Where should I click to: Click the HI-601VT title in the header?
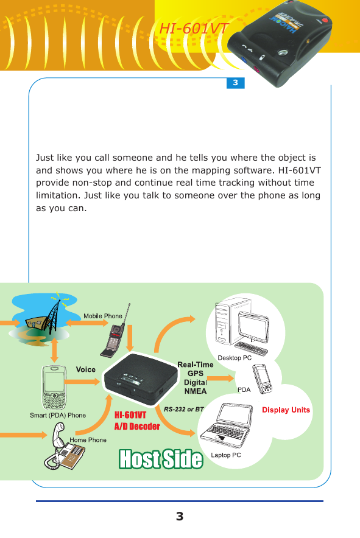pyautogui.click(x=193, y=29)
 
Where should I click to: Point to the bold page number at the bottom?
pyautogui.click(x=179, y=517)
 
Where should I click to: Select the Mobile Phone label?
pyautogui.click(x=103, y=316)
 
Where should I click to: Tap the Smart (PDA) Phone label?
pyautogui.click(x=58, y=415)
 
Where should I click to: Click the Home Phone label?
pyautogui.click(x=88, y=439)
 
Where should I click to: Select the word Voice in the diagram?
pyautogui.click(x=86, y=369)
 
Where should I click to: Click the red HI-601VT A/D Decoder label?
pyautogui.click(x=137, y=421)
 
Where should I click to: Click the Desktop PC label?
pyautogui.click(x=235, y=358)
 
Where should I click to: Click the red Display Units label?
pyautogui.click(x=286, y=410)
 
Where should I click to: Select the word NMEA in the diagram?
pyautogui.click(x=196, y=391)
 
